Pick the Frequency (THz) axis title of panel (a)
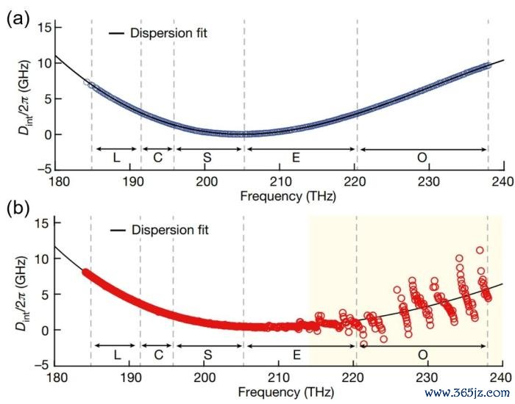[x=279, y=195]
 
